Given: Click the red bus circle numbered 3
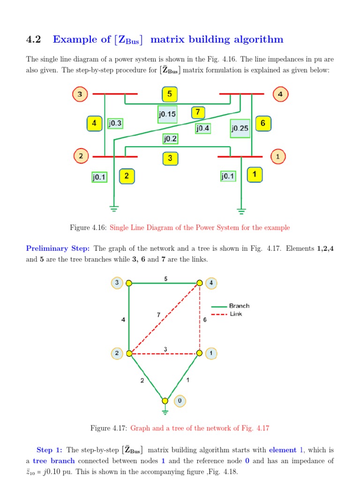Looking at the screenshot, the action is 80,94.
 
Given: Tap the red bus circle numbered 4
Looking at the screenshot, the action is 280,94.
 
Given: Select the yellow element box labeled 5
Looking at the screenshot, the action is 170,94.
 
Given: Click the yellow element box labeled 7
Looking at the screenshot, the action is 198,112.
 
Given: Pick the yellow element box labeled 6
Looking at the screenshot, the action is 263,124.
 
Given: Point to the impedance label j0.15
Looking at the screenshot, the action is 167,113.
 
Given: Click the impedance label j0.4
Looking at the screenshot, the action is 202,128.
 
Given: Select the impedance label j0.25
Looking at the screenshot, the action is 240,127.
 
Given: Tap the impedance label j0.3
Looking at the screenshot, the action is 115,123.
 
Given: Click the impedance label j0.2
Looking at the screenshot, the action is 170,138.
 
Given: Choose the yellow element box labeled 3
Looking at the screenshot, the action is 170,158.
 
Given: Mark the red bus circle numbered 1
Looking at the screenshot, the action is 278,156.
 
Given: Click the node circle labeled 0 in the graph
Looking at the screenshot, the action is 180,401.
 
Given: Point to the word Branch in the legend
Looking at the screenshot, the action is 239,306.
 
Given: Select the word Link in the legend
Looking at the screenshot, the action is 236,314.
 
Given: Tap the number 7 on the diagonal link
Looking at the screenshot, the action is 158,315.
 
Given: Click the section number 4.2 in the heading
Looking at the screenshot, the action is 34,39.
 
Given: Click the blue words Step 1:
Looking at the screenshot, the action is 49,450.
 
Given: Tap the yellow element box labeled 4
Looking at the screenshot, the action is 95,124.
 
